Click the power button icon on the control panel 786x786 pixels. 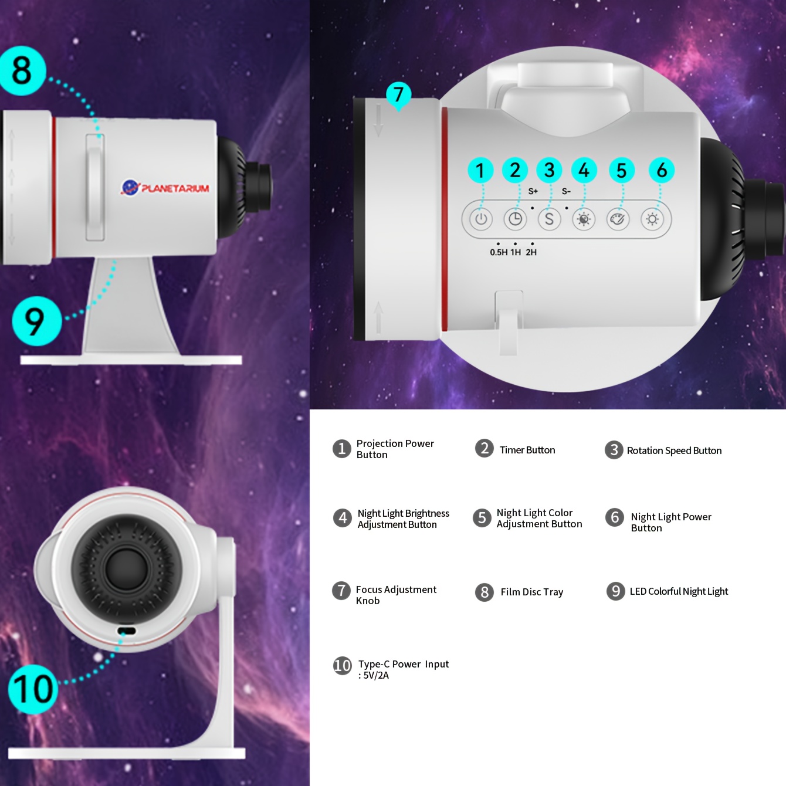(481, 219)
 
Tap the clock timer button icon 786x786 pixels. (515, 219)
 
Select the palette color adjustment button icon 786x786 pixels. (618, 219)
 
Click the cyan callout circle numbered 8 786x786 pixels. (22, 70)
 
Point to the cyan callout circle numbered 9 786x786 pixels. (36, 321)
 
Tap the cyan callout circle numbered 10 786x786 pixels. (32, 689)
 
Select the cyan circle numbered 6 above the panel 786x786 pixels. (661, 170)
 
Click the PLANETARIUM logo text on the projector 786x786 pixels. (175, 188)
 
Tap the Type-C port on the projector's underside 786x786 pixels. (127, 631)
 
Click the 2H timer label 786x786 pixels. (531, 252)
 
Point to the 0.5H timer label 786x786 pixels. (499, 252)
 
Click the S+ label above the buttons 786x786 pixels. (533, 191)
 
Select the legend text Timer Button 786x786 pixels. (527, 450)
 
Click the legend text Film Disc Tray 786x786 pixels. (532, 592)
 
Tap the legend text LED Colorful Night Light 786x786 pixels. (679, 591)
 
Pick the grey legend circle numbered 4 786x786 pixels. (342, 518)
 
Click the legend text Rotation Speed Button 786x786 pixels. (674, 450)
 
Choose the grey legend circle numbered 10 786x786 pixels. (342, 666)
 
